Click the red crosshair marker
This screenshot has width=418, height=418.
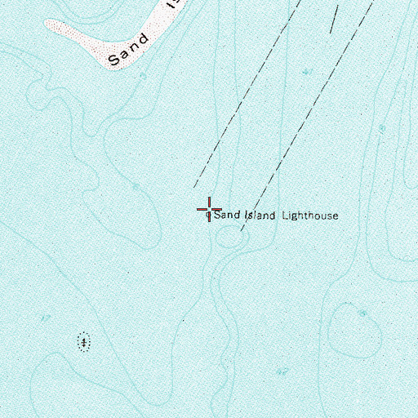point(210,209)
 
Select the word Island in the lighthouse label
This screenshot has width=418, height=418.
point(260,216)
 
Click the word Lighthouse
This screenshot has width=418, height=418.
point(309,216)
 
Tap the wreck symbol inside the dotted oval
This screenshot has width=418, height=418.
point(83,342)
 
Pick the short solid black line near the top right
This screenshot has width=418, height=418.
point(334,18)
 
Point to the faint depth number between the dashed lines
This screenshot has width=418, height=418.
point(307,72)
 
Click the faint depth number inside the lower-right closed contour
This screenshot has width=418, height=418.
point(362,313)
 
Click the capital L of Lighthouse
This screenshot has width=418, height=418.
point(285,216)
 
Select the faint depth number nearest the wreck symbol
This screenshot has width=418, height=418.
point(46,317)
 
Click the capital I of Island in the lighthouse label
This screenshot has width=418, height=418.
point(246,216)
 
